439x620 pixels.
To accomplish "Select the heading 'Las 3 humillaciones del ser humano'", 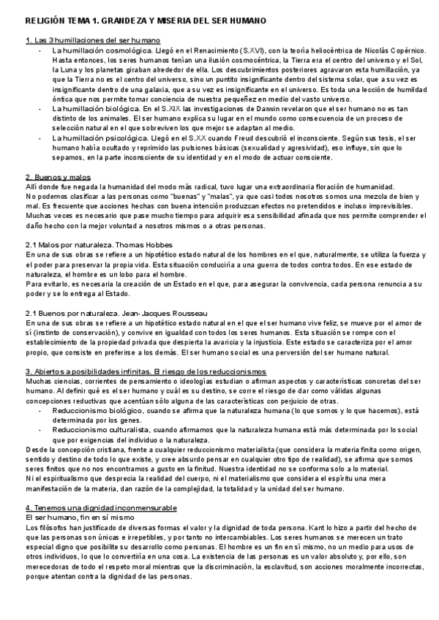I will [x=93, y=39].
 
